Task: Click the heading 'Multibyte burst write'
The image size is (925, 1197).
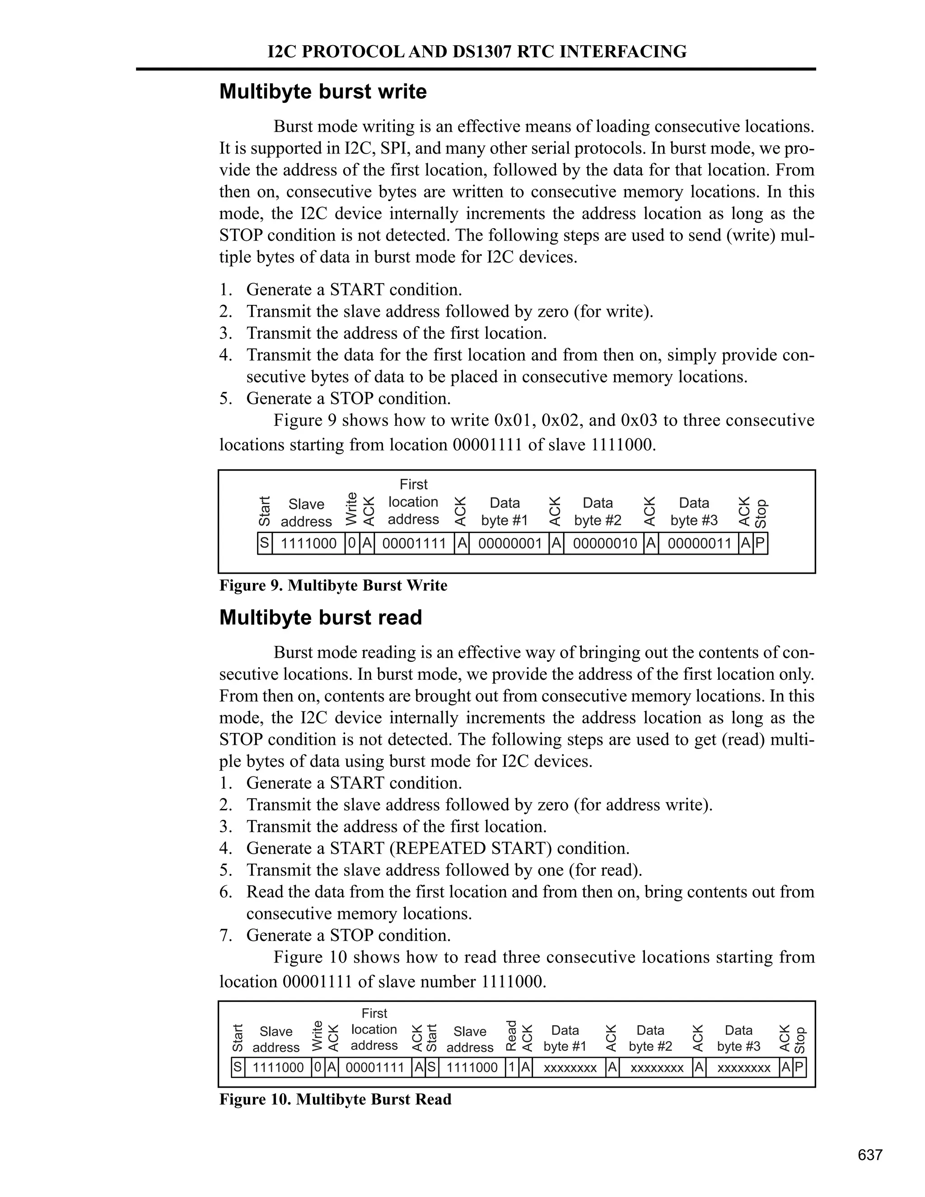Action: point(323,92)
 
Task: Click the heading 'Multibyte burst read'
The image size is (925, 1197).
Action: point(321,617)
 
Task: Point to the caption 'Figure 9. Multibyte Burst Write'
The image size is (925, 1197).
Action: point(333,585)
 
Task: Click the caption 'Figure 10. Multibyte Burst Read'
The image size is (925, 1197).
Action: point(336,1099)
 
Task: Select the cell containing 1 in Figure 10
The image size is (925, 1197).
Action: point(511,1067)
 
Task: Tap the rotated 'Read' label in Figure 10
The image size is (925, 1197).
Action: point(511,1035)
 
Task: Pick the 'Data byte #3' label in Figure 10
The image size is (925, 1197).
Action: point(738,1038)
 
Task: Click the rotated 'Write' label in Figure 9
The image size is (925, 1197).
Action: point(352,509)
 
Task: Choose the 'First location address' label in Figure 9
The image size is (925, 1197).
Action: point(413,501)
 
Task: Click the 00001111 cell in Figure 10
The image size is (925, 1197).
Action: point(375,1067)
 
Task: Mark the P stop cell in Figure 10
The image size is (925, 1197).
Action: point(799,1067)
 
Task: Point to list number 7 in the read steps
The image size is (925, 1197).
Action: point(226,935)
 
